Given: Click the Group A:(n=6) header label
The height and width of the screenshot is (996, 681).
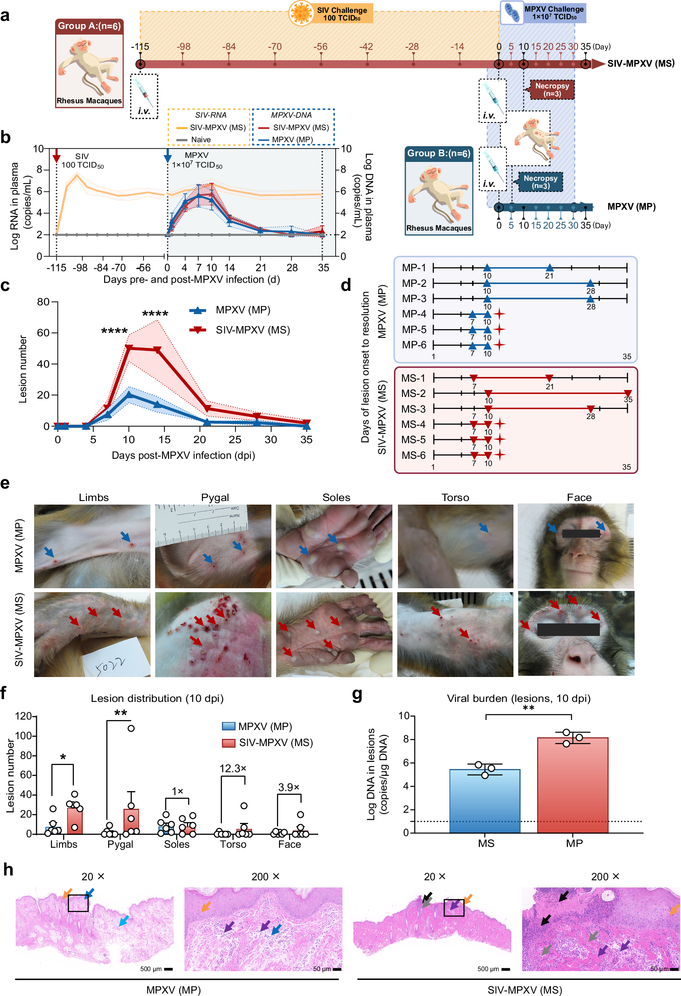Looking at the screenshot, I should [x=89, y=26].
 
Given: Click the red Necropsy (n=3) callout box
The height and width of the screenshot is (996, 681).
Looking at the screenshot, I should [x=552, y=90].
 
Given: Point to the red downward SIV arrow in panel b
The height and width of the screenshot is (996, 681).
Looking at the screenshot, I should [x=57, y=155].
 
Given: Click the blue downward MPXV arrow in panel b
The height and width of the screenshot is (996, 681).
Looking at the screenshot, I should [x=168, y=155].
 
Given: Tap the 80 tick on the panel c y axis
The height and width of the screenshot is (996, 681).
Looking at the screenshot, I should [x=43, y=302].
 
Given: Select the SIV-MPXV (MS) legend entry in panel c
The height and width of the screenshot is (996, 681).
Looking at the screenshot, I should [x=252, y=330].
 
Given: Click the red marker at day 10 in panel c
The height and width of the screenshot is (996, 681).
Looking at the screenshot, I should [x=129, y=348].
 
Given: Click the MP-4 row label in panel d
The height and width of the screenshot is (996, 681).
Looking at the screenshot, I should [x=414, y=314].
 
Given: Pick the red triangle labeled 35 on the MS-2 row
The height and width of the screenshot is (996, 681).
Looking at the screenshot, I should [x=628, y=393].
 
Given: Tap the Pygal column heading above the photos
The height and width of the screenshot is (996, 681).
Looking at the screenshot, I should [x=215, y=497].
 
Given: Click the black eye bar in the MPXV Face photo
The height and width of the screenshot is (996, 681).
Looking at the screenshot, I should [x=580, y=534].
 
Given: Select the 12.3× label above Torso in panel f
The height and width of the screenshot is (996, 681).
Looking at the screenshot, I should [x=233, y=769].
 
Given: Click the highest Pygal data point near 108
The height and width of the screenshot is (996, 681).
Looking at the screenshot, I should [x=131, y=728].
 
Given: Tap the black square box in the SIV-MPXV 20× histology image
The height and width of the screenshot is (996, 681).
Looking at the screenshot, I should [x=454, y=908].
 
